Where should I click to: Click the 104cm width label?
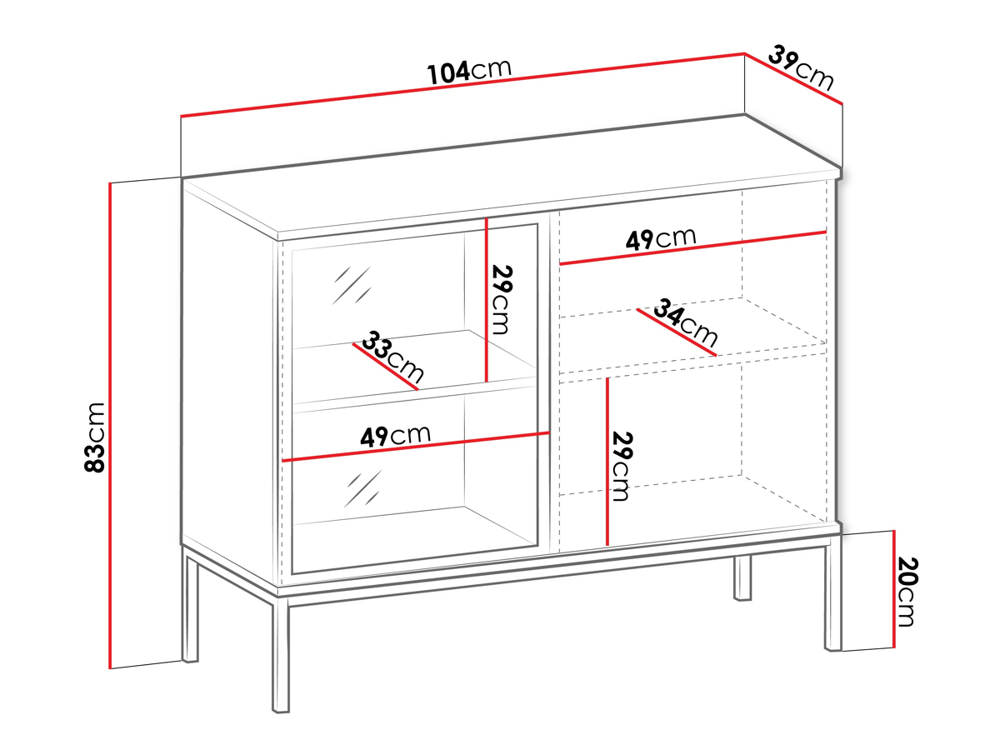point(469,72)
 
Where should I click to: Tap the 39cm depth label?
point(801,67)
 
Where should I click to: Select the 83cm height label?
point(95,437)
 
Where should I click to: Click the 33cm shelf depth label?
point(392,357)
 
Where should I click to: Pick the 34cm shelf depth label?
point(686,322)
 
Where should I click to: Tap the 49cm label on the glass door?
point(395,436)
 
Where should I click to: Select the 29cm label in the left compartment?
point(501,300)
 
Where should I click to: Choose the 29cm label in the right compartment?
point(622,466)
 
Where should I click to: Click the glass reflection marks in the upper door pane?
point(352,285)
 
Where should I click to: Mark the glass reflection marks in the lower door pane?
point(362,488)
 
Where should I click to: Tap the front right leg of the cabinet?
point(832,593)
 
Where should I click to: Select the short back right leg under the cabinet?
point(742,577)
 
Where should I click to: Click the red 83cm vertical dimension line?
point(110,425)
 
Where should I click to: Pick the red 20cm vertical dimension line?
point(894,589)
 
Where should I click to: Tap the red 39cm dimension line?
point(793,78)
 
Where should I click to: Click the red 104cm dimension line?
point(462,85)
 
